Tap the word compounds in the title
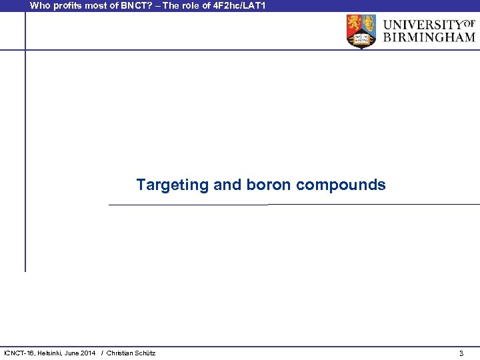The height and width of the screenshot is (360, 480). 341,185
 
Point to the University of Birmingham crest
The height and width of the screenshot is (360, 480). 361,31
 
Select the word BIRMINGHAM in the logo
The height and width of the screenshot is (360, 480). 429,37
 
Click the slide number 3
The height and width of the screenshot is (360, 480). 461,353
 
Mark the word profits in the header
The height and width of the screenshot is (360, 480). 65,5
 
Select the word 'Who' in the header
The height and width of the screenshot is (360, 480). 39,5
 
